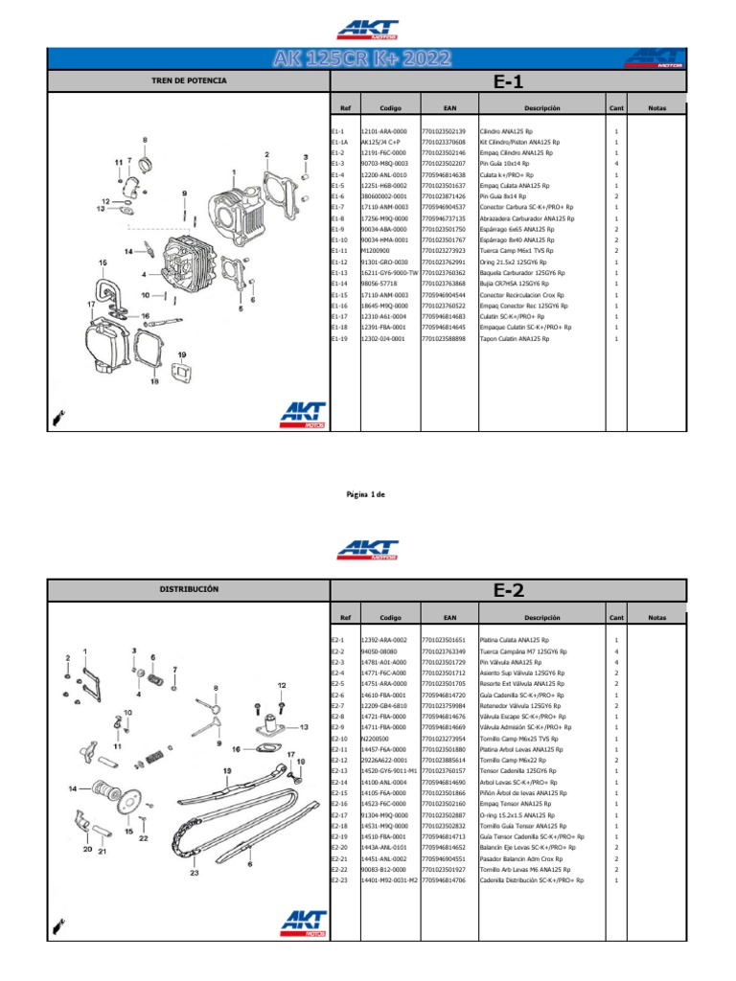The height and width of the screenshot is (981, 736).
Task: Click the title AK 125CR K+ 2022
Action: (367, 59)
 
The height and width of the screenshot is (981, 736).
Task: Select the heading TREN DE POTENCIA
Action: (189, 81)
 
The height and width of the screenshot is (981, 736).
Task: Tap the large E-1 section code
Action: (508, 83)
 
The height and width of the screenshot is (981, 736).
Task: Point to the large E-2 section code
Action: (508, 591)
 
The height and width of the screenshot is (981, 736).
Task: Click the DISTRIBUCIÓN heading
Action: (189, 588)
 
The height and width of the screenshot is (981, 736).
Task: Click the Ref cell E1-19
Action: (338, 338)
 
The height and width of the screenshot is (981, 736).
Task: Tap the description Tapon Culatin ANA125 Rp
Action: (514, 338)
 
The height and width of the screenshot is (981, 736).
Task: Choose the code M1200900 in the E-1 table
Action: (376, 251)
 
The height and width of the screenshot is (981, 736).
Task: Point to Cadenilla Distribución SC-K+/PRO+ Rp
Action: (533, 880)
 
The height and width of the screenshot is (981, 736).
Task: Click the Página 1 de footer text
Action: (365, 494)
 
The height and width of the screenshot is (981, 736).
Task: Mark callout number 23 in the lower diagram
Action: (195, 845)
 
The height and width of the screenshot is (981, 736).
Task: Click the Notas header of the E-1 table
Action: (656, 109)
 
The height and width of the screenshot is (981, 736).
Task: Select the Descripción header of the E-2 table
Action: (541, 618)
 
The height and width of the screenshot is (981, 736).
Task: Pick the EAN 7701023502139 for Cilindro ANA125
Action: (443, 131)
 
